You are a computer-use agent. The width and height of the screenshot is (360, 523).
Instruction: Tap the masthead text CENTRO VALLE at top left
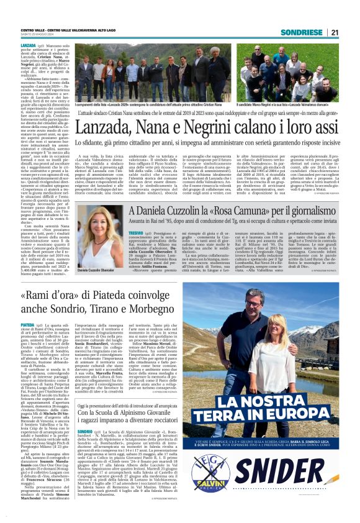pyautogui.click(x=35, y=30)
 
